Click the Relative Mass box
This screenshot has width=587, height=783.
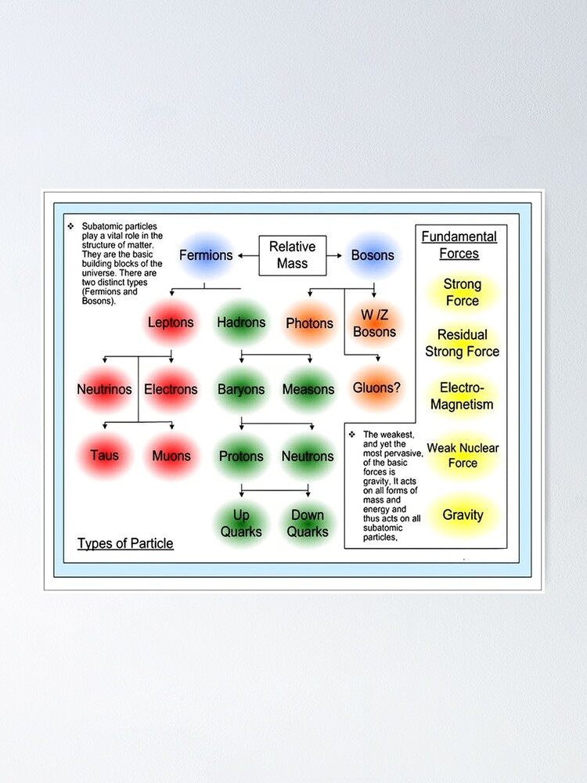(x=292, y=255)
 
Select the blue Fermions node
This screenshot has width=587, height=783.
(x=206, y=255)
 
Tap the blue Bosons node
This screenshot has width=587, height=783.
(x=373, y=255)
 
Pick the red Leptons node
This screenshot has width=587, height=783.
(x=171, y=323)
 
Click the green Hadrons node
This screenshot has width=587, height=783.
(x=241, y=323)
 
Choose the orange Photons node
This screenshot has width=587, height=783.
(x=309, y=323)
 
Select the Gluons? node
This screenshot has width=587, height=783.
(x=377, y=388)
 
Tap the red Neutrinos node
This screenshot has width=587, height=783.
(x=104, y=389)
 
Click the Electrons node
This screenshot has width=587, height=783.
(x=171, y=389)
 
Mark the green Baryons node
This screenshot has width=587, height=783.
(x=241, y=389)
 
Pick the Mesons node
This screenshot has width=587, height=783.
(x=308, y=389)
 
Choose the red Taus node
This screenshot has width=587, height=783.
(x=104, y=456)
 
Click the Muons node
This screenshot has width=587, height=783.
(x=171, y=456)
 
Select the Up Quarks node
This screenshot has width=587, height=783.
(x=241, y=524)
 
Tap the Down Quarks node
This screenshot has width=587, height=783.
(x=308, y=524)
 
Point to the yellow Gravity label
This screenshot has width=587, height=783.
(x=463, y=515)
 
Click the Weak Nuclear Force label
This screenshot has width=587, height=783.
(x=463, y=456)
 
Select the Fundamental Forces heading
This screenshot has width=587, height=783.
(x=459, y=245)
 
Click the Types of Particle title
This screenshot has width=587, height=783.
(x=125, y=543)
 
